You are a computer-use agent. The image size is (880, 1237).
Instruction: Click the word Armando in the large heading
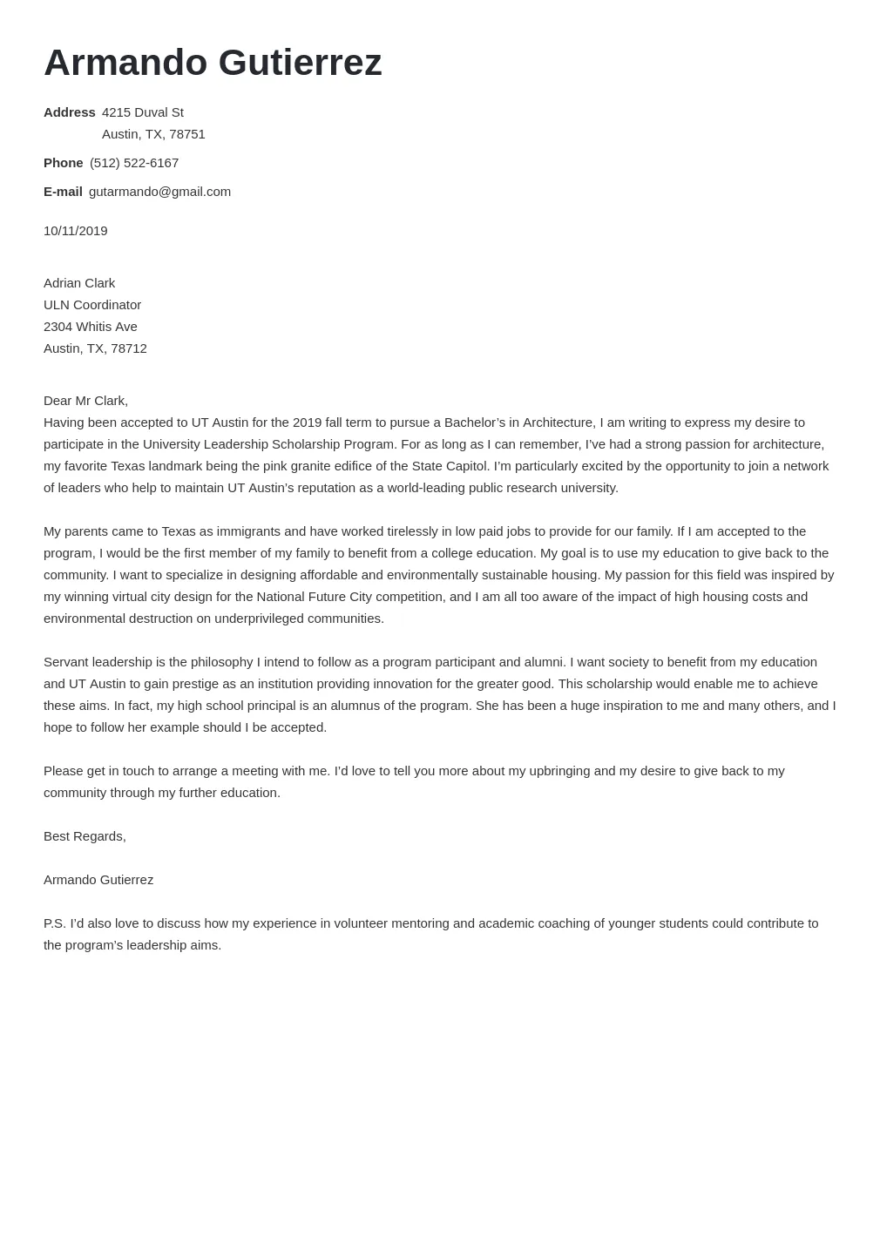pyautogui.click(x=125, y=63)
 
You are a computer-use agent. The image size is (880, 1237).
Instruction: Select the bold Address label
pyautogui.click(x=69, y=112)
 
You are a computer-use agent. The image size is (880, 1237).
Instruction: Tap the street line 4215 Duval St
pyautogui.click(x=143, y=112)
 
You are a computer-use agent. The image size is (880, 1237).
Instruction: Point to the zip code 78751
pyautogui.click(x=187, y=134)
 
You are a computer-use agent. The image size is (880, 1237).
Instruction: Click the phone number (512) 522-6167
pyautogui.click(x=134, y=163)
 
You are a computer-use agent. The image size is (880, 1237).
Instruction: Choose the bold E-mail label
pyautogui.click(x=63, y=192)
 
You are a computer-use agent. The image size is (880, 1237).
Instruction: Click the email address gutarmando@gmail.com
pyautogui.click(x=159, y=192)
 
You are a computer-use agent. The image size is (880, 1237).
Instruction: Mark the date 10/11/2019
pyautogui.click(x=76, y=231)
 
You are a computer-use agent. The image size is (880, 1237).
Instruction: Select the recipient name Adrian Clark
pyautogui.click(x=79, y=283)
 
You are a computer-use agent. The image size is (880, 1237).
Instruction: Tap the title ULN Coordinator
pyautogui.click(x=92, y=305)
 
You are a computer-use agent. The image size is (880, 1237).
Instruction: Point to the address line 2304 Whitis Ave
pyautogui.click(x=91, y=327)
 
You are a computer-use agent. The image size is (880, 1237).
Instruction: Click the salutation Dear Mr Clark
pyautogui.click(x=85, y=401)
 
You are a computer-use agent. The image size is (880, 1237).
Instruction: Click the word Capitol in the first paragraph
pyautogui.click(x=466, y=466)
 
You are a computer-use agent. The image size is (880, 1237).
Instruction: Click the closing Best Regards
pyautogui.click(x=85, y=836)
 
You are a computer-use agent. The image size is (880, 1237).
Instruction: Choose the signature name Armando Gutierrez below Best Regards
pyautogui.click(x=98, y=880)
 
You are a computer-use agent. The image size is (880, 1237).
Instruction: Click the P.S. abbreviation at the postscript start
pyautogui.click(x=54, y=923)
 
